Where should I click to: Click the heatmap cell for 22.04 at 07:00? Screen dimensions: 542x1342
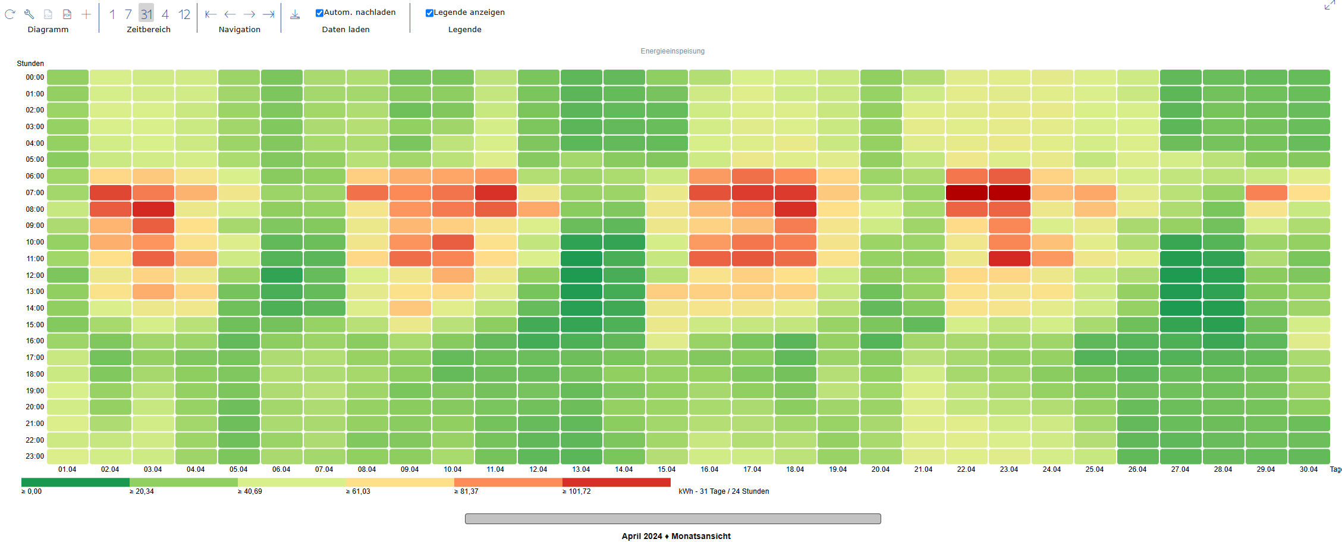click(966, 193)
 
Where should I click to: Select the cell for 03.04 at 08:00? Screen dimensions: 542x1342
click(153, 209)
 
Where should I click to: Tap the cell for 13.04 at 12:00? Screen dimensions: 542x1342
click(582, 275)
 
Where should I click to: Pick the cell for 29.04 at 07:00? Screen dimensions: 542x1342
click(1266, 193)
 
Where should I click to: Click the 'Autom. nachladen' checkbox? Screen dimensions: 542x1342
click(319, 13)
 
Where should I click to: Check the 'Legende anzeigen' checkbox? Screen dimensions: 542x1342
click(429, 13)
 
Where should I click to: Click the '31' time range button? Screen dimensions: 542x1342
click(146, 14)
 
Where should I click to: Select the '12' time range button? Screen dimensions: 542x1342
click(184, 14)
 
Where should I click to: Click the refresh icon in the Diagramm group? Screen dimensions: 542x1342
click(10, 14)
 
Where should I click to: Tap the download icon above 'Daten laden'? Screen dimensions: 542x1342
click(295, 14)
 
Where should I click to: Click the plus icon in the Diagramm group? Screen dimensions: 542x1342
click(86, 14)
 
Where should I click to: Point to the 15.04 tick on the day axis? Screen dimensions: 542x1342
click(667, 469)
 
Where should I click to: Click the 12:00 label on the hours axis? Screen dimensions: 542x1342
click(34, 275)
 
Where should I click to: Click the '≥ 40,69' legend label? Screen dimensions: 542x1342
click(250, 491)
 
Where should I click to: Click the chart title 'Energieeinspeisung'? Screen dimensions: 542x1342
click(672, 51)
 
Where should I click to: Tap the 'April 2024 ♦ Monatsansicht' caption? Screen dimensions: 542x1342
click(676, 536)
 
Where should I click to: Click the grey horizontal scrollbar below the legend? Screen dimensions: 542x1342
click(672, 519)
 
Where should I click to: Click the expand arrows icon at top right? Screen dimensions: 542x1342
click(1330, 5)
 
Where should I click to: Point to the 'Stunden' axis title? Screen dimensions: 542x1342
click(30, 64)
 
